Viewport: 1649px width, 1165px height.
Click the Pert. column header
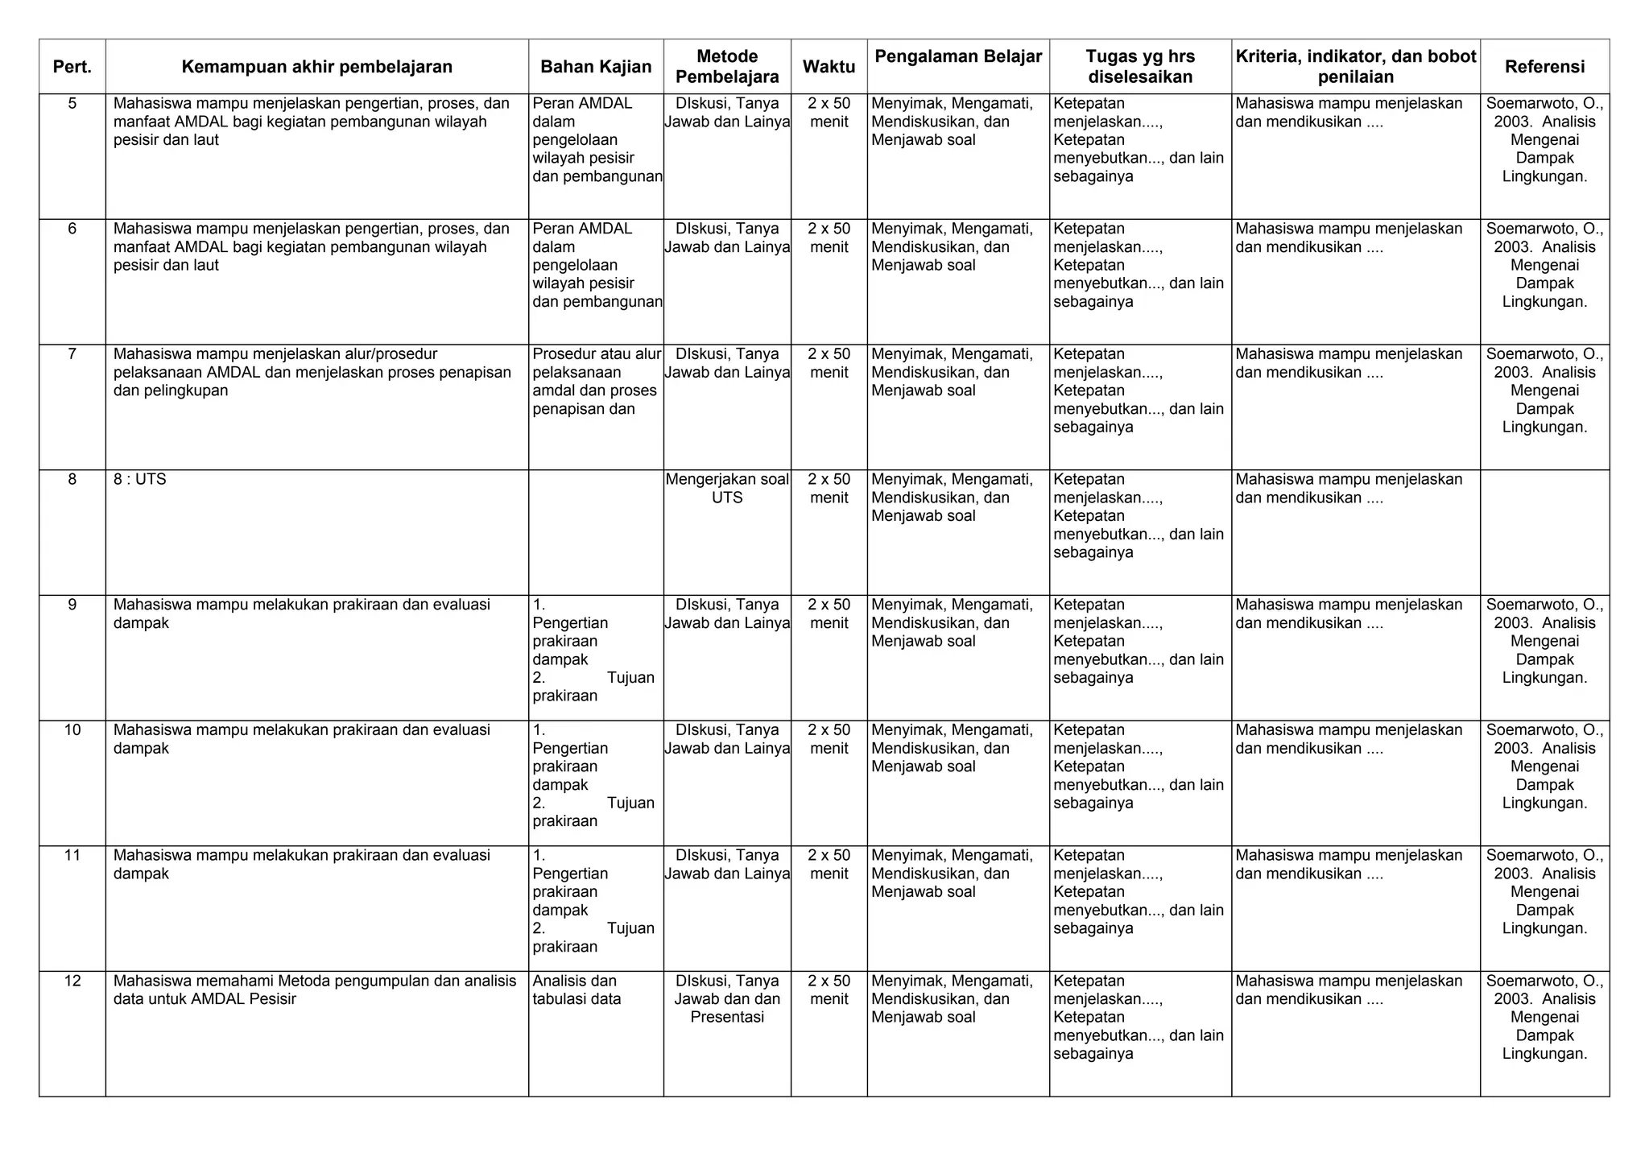coord(72,67)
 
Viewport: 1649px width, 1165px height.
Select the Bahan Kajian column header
coord(596,67)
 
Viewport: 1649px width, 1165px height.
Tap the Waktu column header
coord(829,67)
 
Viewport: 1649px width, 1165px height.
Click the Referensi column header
coord(1544,67)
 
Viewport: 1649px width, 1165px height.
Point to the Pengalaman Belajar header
coord(958,56)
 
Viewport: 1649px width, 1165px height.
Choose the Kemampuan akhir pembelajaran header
coord(316,67)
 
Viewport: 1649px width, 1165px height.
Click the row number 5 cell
coord(72,103)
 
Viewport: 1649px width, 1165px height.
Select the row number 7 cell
coord(72,354)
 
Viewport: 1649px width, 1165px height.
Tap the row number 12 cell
coord(72,981)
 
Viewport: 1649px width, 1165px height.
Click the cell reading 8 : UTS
coord(140,479)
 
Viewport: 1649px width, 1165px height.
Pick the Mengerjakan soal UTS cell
coord(727,489)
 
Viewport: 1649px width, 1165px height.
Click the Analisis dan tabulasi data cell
coord(577,990)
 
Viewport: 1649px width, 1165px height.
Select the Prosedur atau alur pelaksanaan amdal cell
coord(596,382)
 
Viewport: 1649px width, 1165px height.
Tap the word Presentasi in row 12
coord(727,1018)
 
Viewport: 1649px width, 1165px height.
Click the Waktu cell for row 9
coord(829,613)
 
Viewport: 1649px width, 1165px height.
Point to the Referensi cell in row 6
coord(1544,265)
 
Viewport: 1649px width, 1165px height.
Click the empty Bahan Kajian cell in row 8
coord(596,531)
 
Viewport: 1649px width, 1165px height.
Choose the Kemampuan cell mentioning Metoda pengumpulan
coord(315,990)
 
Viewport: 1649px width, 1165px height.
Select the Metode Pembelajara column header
coord(727,67)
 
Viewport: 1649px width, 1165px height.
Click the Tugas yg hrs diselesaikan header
coord(1140,67)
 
